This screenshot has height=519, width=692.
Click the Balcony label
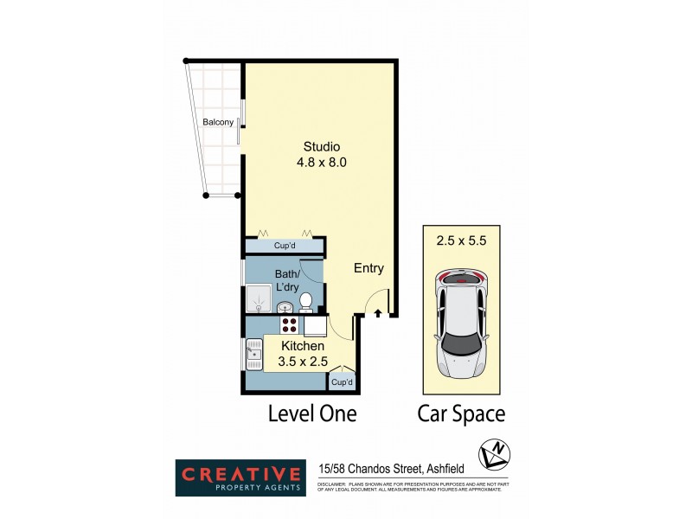coord(218,122)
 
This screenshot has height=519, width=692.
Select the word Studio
coord(321,145)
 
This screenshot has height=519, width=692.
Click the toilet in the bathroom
coord(305,302)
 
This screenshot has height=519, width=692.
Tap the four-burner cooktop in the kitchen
coord(289,325)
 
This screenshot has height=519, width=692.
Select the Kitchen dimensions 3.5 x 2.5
coord(303,362)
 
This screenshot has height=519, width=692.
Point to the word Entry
coord(368,268)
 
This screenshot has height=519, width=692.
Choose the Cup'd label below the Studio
coord(285,246)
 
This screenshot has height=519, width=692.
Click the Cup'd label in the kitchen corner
coord(342,381)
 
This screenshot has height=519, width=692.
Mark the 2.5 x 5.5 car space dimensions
coord(463,241)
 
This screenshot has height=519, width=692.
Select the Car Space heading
coord(461,413)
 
